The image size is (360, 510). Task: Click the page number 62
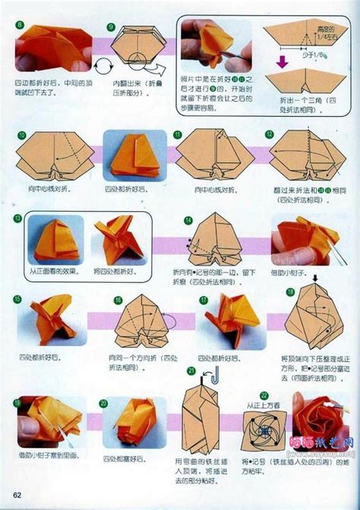pos(17,497)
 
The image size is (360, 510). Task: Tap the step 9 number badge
pos(111,27)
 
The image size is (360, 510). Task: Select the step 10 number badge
pos(21,135)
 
